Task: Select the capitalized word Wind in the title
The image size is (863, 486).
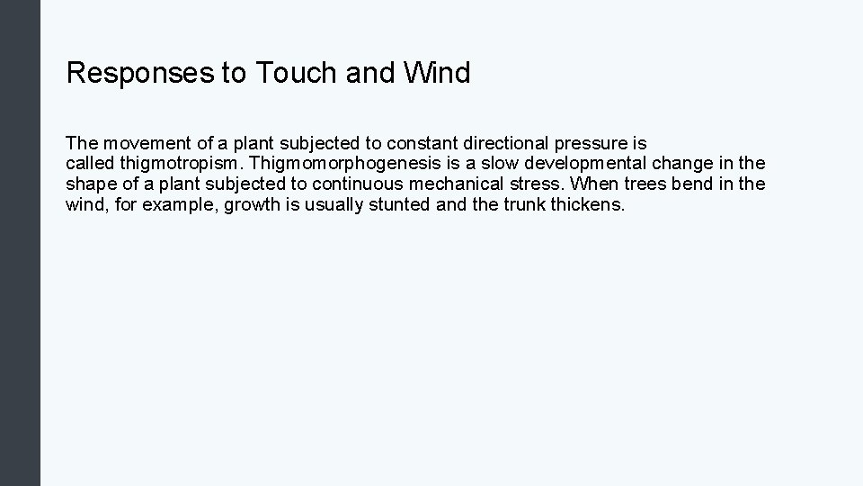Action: click(x=436, y=73)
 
